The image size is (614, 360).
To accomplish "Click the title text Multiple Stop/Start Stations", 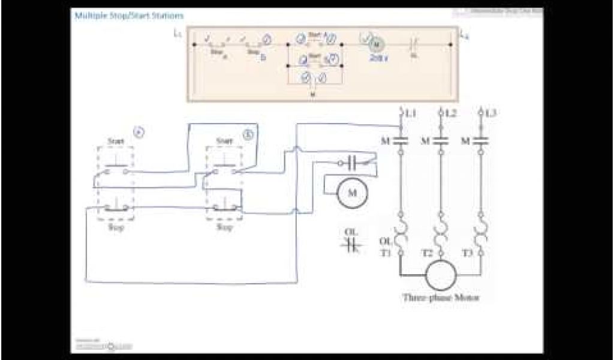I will click(x=129, y=16).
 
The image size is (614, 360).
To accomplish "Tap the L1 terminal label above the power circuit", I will click(x=410, y=113).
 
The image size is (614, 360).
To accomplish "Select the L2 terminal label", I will click(x=450, y=113).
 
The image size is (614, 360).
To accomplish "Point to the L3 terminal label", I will click(x=490, y=113).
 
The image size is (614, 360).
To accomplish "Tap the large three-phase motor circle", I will click(x=441, y=275).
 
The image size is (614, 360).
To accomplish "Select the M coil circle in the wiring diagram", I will click(x=353, y=193).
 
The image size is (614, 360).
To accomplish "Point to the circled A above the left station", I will click(x=138, y=133).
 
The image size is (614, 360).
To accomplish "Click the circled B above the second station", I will click(x=249, y=134).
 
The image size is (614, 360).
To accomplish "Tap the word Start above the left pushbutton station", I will click(x=116, y=142).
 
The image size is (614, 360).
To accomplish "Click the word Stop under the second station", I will click(x=224, y=227).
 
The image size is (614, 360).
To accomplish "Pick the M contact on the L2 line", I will click(x=441, y=142).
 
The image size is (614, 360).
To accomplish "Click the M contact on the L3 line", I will click(x=481, y=142).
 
